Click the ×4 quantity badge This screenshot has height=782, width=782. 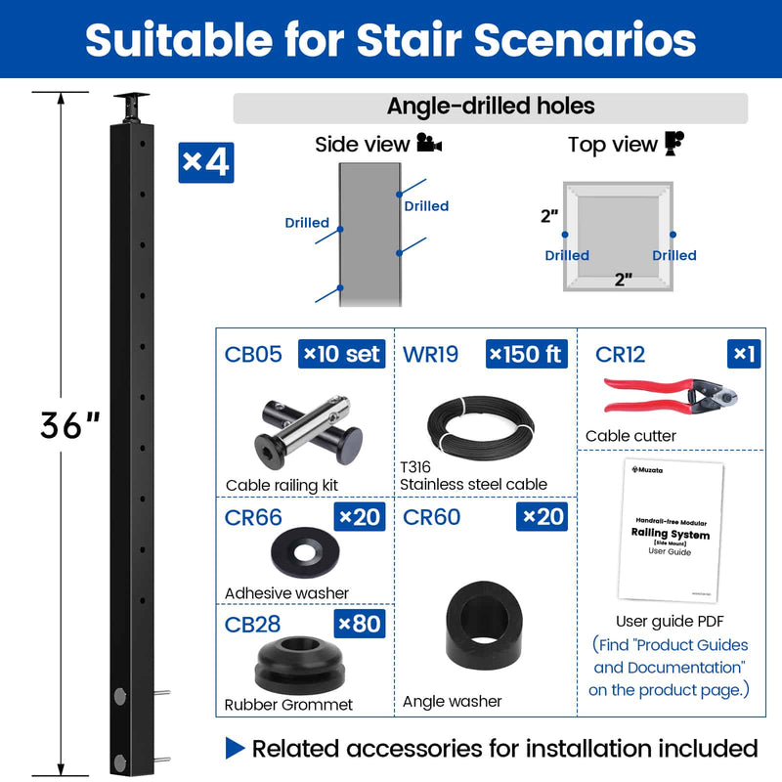206,162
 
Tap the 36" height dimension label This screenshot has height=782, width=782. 69,424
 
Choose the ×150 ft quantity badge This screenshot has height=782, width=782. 526,353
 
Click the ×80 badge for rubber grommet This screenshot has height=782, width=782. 359,623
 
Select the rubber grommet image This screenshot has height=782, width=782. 304,663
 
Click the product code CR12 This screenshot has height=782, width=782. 621,354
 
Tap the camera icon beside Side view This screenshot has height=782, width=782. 429,145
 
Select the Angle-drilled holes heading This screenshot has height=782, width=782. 491,107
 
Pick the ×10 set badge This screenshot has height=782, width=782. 342,353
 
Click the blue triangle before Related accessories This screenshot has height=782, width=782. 235,749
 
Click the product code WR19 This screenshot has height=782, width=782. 430,354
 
